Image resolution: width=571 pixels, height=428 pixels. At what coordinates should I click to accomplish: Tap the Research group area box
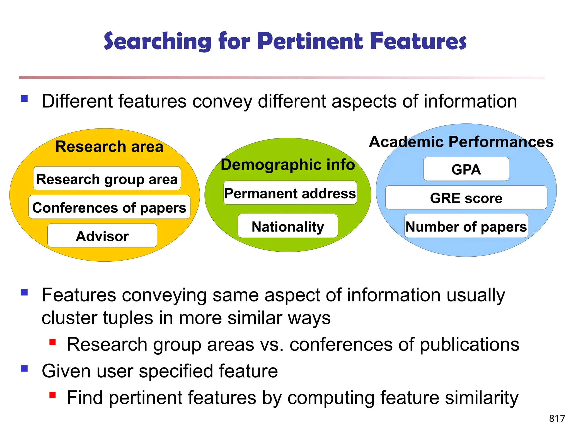click(x=107, y=179)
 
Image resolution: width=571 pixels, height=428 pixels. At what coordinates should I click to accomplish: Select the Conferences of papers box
click(x=109, y=207)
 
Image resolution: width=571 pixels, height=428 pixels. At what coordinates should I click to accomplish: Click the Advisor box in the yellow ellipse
click(x=102, y=236)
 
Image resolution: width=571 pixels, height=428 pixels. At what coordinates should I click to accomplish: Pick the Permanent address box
click(x=290, y=193)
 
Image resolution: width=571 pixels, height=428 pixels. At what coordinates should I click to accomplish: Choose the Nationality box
click(x=288, y=226)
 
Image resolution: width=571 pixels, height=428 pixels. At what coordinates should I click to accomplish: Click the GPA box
click(x=466, y=169)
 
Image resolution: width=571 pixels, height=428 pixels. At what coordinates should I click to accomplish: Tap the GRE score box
click(x=466, y=198)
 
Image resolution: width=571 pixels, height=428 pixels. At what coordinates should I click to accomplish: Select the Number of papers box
click(x=466, y=226)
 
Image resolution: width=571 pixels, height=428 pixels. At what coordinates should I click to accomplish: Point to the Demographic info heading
click(x=288, y=164)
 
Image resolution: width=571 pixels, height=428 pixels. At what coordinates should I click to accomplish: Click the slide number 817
click(x=557, y=418)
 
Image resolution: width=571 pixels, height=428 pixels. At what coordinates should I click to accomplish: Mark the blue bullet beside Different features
click(x=25, y=98)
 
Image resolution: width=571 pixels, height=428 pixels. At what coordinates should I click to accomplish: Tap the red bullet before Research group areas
click(x=52, y=342)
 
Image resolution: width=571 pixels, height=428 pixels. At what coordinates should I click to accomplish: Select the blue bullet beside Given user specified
click(x=25, y=368)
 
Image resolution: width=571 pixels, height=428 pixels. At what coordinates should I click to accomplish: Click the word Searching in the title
click(x=158, y=41)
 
